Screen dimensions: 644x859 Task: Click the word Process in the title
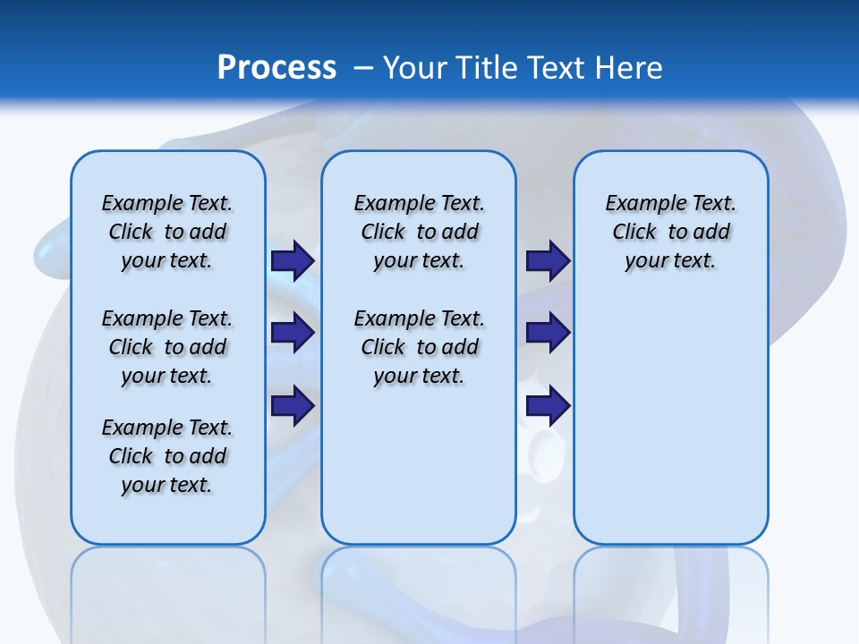(x=276, y=67)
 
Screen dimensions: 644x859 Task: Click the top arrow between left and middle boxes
(x=293, y=260)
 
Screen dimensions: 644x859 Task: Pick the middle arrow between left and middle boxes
(x=293, y=333)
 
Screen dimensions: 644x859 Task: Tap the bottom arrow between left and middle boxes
(x=293, y=405)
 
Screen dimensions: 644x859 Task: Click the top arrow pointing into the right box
(x=548, y=260)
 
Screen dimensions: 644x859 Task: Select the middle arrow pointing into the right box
(x=548, y=333)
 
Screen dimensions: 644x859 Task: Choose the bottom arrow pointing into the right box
(x=548, y=405)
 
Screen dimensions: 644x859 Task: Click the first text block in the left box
(x=167, y=232)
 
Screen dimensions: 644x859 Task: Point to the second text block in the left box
(x=167, y=347)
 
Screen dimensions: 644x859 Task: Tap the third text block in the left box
(x=167, y=456)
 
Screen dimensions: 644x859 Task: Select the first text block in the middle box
(x=419, y=232)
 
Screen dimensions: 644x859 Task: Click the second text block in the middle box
(x=419, y=347)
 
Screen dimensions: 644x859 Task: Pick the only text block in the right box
(x=670, y=232)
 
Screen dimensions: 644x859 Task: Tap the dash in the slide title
(x=363, y=68)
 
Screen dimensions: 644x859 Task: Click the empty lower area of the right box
(x=670, y=429)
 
